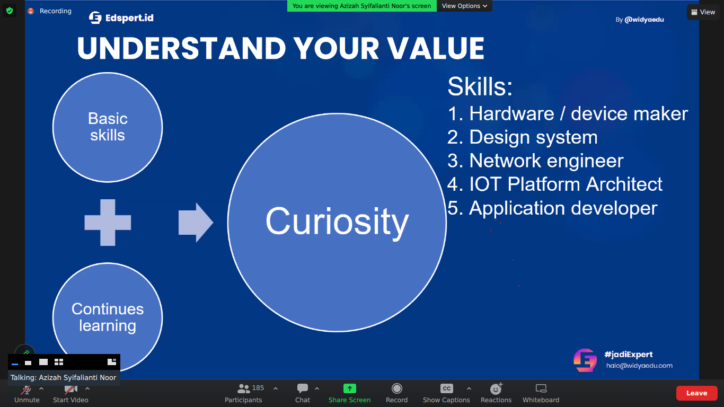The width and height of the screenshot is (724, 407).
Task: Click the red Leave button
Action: point(696,393)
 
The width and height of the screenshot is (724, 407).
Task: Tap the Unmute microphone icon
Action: point(26,389)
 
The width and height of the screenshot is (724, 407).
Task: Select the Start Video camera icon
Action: point(70,389)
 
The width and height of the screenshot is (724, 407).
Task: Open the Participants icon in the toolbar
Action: point(243,388)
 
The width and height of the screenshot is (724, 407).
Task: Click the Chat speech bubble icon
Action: point(303,388)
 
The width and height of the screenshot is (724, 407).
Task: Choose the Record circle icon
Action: point(396,388)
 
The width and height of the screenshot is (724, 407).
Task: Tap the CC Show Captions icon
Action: point(446,388)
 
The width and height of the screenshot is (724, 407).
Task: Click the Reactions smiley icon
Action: point(496,388)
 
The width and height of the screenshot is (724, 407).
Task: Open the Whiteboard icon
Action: point(541,388)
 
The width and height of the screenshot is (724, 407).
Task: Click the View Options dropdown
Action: point(464,6)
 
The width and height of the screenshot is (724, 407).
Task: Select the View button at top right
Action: point(703,12)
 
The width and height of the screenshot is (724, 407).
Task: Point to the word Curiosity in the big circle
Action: point(337,222)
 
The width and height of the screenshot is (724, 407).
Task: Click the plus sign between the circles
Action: point(108,223)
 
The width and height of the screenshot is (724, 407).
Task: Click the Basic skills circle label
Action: point(108,127)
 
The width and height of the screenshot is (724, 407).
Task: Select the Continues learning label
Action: point(108,317)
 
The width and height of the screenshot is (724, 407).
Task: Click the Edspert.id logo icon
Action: point(95,17)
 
